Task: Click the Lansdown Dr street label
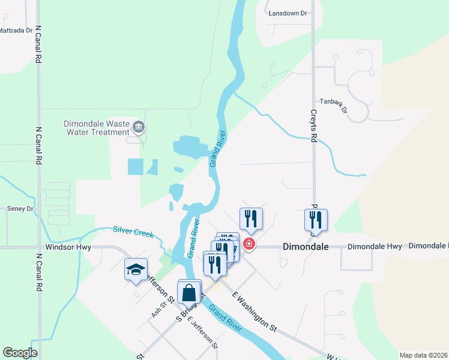[288, 13]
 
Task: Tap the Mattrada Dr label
[16, 30]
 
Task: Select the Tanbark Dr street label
[334, 105]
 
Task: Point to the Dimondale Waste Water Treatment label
[97, 128]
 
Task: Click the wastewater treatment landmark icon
[139, 126]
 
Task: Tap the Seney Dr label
[20, 209]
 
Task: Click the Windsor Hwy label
[65, 247]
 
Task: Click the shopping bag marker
[189, 292]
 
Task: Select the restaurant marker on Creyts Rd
[316, 220]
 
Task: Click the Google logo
[19, 352]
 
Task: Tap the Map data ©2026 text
[423, 355]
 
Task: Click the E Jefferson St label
[202, 332]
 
